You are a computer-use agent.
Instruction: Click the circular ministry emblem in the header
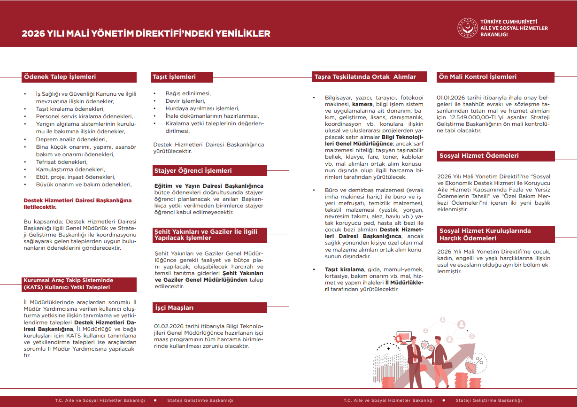pos(467,28)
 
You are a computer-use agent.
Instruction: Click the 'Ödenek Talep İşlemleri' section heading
pos(60,77)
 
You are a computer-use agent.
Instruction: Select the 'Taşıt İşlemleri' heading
pos(174,77)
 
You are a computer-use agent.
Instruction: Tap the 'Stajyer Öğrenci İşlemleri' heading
pos(193,171)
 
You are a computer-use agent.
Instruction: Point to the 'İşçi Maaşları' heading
pos(174,308)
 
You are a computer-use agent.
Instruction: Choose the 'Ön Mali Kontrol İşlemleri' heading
pos(478,77)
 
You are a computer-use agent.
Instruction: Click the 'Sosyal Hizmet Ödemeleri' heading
pos(479,156)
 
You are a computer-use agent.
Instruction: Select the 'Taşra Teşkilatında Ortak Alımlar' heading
pos(365,77)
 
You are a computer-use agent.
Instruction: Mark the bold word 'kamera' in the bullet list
pos(362,104)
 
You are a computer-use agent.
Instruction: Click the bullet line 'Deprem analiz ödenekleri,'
pos(71,139)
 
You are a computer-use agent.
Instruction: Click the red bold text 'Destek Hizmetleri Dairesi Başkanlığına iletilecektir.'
pos(77,203)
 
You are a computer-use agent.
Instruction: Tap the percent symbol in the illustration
pos(480,362)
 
